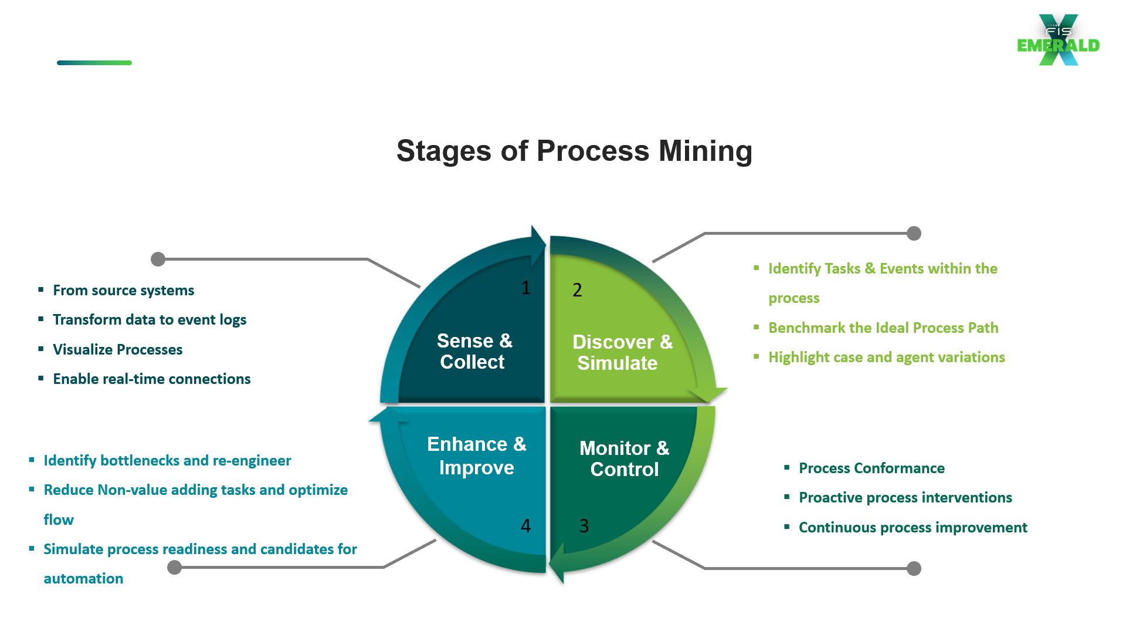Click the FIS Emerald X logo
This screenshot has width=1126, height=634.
pos(1059,40)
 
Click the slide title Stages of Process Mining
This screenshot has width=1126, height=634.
pos(574,151)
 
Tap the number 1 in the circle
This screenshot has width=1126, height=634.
pos(525,288)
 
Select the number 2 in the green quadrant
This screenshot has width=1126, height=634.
pos(577,290)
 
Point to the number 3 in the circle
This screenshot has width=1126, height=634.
pos(584,526)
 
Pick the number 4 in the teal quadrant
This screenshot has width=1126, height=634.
pos(525,526)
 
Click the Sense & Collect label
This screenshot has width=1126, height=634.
pos(474,351)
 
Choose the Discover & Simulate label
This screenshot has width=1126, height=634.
pos(622,352)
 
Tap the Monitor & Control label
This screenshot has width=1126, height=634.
pos(624,458)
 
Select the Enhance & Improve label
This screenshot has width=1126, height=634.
pos(476,456)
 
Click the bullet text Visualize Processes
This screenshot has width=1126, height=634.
pos(118,349)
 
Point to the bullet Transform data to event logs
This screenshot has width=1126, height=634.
pos(150,320)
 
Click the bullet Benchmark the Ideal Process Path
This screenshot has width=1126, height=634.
pos(883,328)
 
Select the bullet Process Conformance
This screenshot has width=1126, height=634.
pos(871,468)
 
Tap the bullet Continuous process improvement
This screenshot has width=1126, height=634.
pos(913,527)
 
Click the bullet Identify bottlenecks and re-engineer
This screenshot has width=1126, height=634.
pos(167,460)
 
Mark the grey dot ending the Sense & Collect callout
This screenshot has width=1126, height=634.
pos(158,259)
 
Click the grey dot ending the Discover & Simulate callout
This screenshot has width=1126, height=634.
pos(914,233)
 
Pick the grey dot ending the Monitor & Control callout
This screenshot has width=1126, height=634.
pos(914,568)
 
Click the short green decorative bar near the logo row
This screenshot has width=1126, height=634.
pos(94,63)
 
